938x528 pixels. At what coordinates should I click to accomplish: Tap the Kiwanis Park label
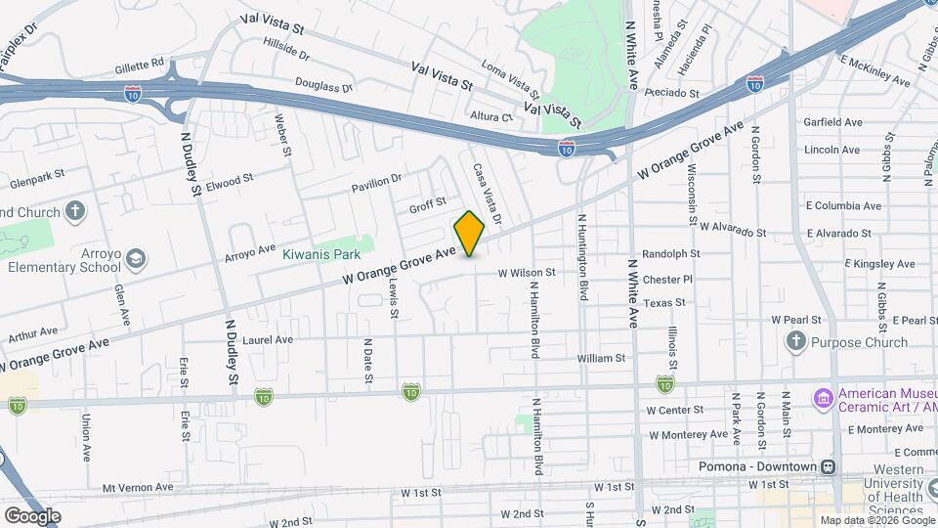[316, 254]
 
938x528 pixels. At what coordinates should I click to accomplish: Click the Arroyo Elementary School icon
[136, 259]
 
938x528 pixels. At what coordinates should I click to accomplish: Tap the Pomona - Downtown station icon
[829, 466]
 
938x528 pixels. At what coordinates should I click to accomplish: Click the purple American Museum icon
[822, 399]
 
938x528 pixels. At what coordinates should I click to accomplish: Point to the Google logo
[32, 516]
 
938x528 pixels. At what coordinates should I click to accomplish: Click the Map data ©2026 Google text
[876, 520]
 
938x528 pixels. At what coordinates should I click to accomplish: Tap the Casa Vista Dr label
[481, 186]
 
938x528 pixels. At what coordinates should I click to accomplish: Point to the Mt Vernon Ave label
[137, 487]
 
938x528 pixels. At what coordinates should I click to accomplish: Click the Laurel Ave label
[269, 340]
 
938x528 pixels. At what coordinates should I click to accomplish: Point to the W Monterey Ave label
[689, 434]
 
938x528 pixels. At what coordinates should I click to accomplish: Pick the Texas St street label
[664, 303]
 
